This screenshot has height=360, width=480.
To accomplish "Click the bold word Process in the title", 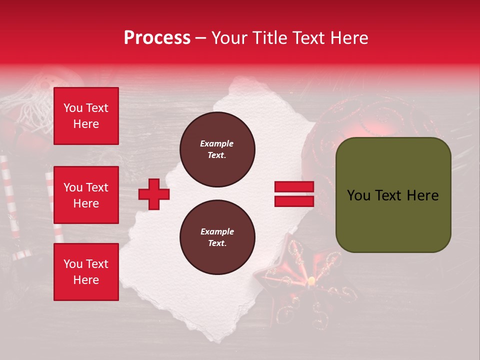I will tap(157, 38).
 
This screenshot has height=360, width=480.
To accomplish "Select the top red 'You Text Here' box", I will tap(86, 116).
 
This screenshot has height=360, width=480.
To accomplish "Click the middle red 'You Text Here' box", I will tap(86, 195).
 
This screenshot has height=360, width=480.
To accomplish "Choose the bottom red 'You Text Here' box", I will tap(86, 272).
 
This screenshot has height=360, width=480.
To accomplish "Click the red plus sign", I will tap(154, 193).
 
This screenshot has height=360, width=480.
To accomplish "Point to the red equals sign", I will tap(294, 194).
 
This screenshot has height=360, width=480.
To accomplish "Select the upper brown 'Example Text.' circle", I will tap(217, 149).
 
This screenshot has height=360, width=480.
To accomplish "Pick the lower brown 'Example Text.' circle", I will tap(217, 237).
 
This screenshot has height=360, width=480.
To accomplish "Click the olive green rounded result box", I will tap(393, 194).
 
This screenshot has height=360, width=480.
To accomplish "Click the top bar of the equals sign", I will tap(294, 187).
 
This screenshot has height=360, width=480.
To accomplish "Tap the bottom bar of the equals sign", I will tap(294, 201).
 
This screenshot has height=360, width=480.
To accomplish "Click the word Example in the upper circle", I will tap(217, 143).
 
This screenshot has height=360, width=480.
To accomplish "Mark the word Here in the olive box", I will tap(422, 195).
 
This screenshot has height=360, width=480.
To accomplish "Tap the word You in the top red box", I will tap(72, 108).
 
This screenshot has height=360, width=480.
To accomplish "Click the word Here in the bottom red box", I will tap(86, 280).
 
